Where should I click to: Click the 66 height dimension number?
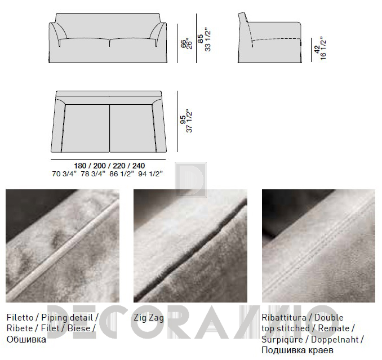(183, 44)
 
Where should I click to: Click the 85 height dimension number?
(200, 39)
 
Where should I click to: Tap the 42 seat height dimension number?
(317, 49)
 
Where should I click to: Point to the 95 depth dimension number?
(183, 120)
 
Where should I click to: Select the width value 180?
(80, 166)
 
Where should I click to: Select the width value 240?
(139, 166)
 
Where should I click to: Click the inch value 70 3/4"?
(64, 174)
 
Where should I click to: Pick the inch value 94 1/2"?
(150, 174)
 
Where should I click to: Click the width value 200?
(100, 166)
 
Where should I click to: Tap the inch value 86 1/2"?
(122, 174)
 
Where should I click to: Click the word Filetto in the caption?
(20, 318)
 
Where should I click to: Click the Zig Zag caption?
(149, 318)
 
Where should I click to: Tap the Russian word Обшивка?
(26, 339)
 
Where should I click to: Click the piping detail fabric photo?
(63, 246)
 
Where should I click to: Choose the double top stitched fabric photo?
(319, 246)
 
